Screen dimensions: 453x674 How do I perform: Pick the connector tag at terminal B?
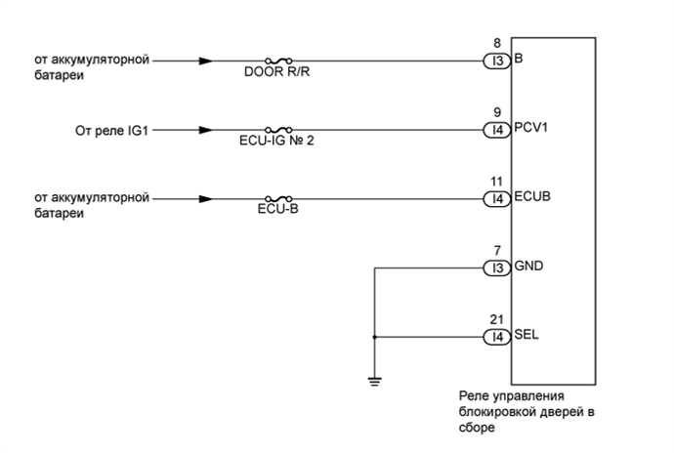pos(497,61)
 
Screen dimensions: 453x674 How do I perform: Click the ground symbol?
pos(375,380)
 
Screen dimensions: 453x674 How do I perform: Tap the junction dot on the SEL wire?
pos(375,338)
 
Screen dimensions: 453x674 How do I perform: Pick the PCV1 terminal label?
pos(532,129)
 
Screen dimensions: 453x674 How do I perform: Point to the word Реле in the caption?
pos(475,395)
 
